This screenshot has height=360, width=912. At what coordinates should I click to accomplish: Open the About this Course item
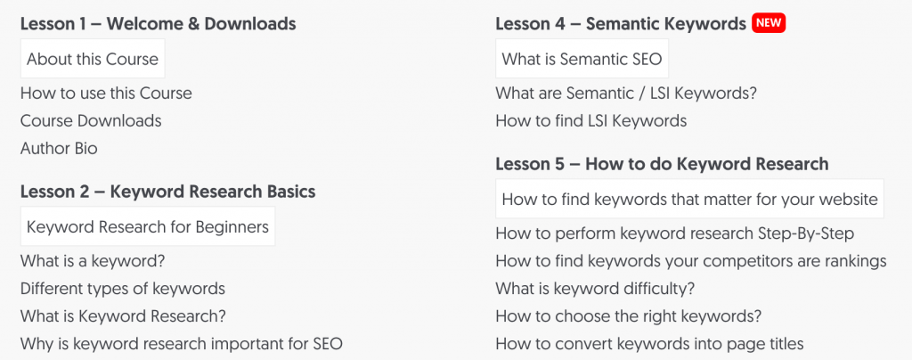point(93,60)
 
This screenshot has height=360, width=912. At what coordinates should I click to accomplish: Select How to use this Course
point(106,93)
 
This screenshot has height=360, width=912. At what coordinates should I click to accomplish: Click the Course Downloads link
point(91,120)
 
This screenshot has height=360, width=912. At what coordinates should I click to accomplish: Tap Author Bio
point(59,148)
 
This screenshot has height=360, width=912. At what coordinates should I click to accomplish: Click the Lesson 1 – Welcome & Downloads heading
point(158,24)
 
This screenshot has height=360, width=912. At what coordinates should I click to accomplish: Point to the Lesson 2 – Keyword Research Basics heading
point(167,192)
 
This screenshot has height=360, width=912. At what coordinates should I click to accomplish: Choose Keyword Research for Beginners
point(148,227)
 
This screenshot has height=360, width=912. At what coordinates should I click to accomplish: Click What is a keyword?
point(93,261)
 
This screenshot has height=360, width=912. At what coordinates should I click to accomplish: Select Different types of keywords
point(122,289)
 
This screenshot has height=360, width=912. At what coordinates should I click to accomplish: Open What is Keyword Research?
point(123,316)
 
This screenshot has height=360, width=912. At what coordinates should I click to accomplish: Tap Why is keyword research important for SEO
point(181,344)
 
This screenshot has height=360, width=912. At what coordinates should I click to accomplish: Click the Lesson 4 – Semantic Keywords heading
point(621,24)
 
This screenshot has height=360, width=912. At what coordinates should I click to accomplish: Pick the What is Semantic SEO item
point(582,60)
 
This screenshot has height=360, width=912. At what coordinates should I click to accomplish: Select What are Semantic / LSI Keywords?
point(625,93)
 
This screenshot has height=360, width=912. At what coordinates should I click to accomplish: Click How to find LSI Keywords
point(590,120)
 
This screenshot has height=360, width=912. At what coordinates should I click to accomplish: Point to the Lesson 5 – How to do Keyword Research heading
point(662,164)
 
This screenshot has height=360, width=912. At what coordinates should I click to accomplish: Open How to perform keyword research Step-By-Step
point(674,233)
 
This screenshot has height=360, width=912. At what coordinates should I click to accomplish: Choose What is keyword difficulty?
point(595,289)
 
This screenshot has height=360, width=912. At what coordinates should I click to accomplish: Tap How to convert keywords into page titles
point(649,344)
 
